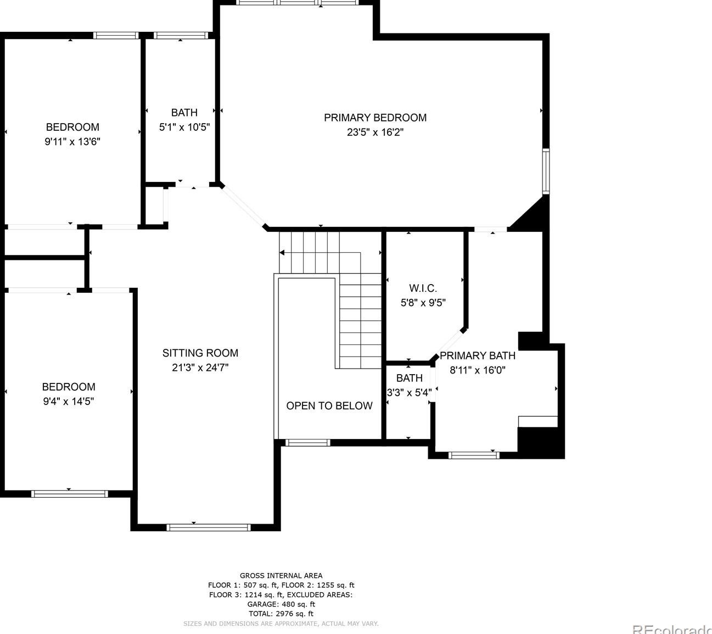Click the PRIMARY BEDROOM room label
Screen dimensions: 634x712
tap(375, 118)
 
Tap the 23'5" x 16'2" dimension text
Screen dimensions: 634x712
tap(375, 132)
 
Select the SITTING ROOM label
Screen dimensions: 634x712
tap(200, 353)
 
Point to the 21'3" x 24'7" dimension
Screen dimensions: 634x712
tap(200, 368)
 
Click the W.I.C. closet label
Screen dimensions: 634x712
tap(423, 288)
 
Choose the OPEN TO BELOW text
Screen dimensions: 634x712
tap(329, 406)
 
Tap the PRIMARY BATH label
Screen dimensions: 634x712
tap(478, 355)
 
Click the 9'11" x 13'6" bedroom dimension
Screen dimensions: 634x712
tap(72, 142)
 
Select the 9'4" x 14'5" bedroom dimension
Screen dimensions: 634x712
tap(69, 402)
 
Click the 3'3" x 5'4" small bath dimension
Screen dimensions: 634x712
tap(409, 393)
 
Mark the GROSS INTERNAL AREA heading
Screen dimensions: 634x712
tap(281, 576)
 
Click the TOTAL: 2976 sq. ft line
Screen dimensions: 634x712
tap(281, 614)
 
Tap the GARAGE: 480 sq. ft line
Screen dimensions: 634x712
tap(281, 604)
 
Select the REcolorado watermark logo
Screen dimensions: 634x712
tap(672, 629)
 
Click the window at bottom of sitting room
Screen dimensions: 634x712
tap(209, 527)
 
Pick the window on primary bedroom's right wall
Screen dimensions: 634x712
tap(546, 171)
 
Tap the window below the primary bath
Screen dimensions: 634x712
tap(474, 455)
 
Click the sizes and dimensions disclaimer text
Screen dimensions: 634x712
tap(281, 624)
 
